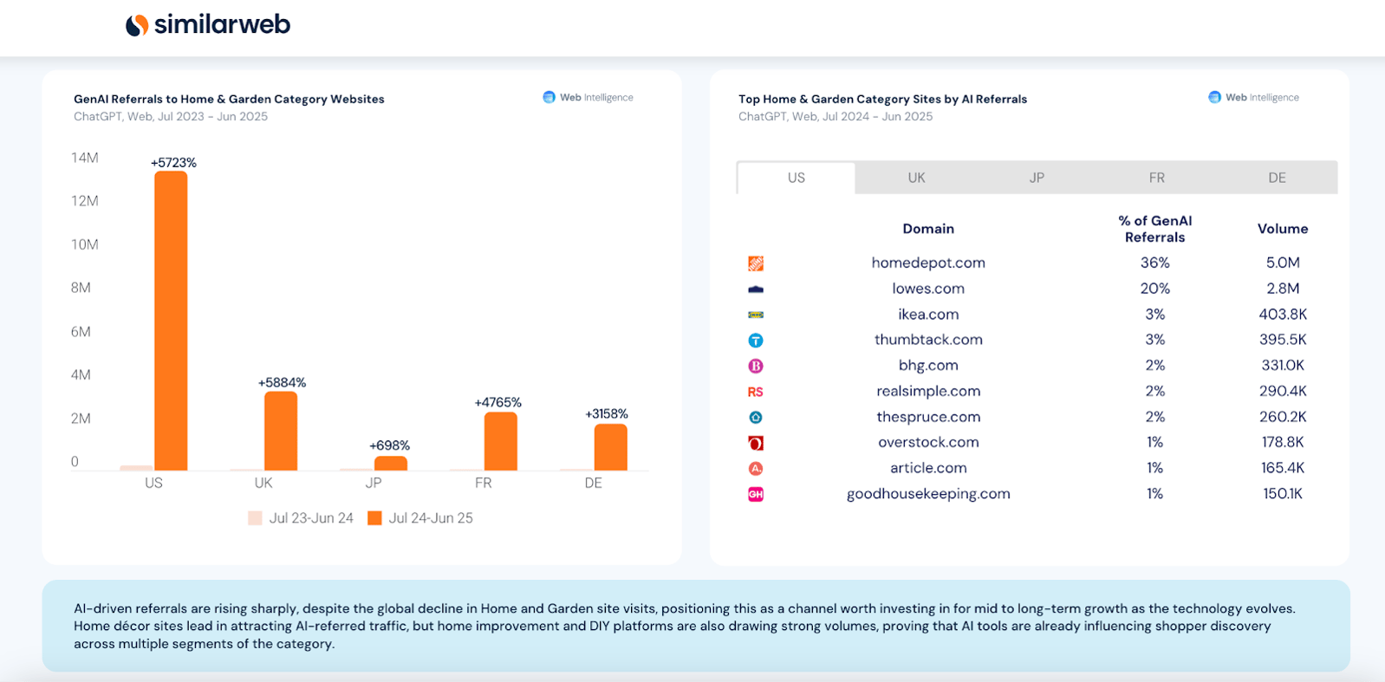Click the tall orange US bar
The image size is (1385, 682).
(x=171, y=321)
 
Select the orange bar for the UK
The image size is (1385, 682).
(x=280, y=431)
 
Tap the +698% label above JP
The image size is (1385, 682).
(x=389, y=445)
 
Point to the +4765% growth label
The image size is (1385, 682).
(x=497, y=402)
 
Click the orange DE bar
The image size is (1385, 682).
(x=610, y=447)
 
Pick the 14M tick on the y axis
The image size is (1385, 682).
(x=85, y=158)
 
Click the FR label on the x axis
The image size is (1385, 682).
(x=483, y=483)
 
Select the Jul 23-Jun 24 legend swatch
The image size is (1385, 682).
(x=255, y=518)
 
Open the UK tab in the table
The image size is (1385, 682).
(x=916, y=178)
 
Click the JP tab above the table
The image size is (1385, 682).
(x=1037, y=178)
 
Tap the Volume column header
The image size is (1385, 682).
(x=1282, y=229)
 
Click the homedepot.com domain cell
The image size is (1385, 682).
(x=928, y=263)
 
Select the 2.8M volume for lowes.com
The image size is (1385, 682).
(x=1282, y=289)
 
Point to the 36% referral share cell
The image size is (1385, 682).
(x=1154, y=263)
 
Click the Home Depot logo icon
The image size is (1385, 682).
(x=756, y=263)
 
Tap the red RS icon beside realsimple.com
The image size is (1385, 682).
(x=756, y=392)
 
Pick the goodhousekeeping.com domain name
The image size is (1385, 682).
(x=928, y=494)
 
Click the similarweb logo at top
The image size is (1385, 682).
(x=208, y=24)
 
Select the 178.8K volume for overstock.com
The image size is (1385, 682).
(x=1282, y=442)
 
